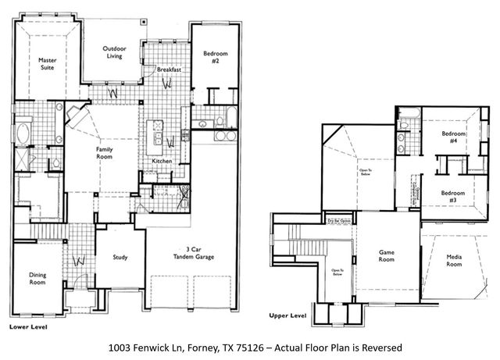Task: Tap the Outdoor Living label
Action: (x=114, y=54)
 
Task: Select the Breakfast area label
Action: (x=169, y=70)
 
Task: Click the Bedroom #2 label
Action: (x=214, y=57)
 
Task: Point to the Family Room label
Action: (x=104, y=153)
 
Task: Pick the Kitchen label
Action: (x=162, y=161)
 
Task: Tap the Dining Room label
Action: (x=37, y=279)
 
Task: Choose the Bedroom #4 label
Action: (x=454, y=137)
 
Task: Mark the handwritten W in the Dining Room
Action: (x=77, y=259)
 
